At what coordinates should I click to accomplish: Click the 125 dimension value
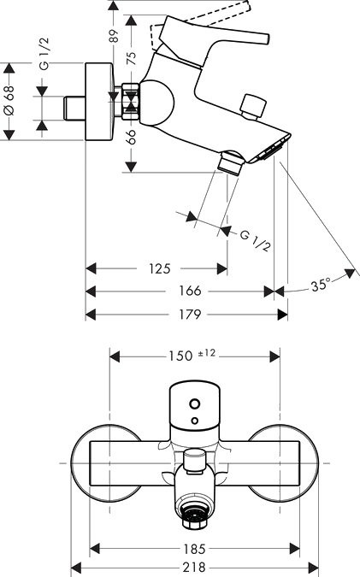tap(159, 269)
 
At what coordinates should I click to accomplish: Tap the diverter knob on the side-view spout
tap(251, 108)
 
